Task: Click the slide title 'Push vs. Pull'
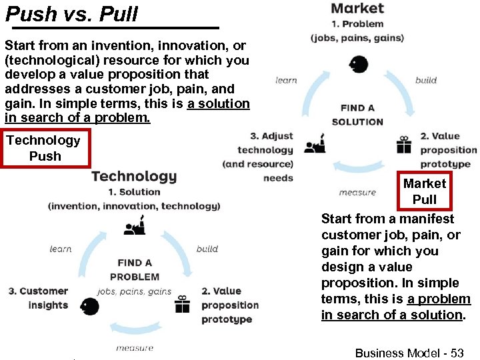point(71,13)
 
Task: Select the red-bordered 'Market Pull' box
point(425,191)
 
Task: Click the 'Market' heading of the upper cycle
point(357,9)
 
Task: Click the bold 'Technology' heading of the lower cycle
point(134,176)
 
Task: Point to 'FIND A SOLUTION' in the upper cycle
point(357,115)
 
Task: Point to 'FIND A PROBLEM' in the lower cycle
point(135,269)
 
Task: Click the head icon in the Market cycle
point(358,65)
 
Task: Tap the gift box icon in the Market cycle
point(404,145)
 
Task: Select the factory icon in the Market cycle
point(314,144)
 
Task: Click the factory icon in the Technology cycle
point(135,227)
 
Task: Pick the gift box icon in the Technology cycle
point(182,305)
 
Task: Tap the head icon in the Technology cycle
point(89,307)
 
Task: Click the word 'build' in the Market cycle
point(426,80)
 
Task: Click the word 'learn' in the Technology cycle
point(61,249)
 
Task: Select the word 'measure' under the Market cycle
point(357,192)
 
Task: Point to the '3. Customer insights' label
point(39,298)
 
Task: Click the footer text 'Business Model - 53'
point(409,353)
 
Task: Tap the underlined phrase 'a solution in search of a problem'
point(127,111)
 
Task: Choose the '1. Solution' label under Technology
point(134,192)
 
